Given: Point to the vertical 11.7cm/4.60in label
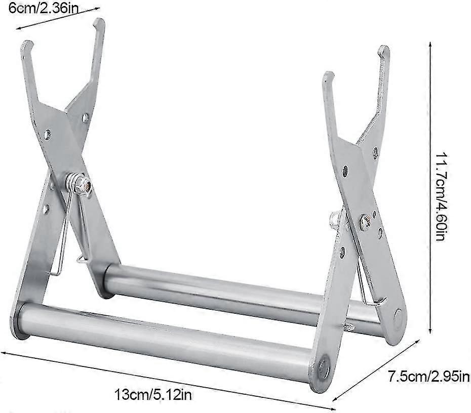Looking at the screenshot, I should tap(439, 195).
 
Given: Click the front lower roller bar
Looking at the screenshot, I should tap(167, 339).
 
